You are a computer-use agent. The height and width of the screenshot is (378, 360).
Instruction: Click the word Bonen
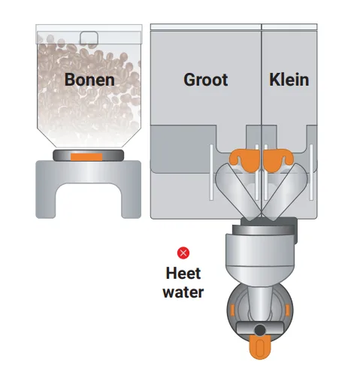[89, 80]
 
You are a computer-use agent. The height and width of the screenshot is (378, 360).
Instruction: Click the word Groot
[206, 80]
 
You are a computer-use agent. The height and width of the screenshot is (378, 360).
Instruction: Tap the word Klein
[289, 80]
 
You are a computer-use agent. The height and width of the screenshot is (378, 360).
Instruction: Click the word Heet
[183, 273]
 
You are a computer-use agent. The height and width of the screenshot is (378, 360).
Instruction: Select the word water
[183, 292]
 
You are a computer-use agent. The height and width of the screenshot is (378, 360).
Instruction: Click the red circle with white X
[183, 253]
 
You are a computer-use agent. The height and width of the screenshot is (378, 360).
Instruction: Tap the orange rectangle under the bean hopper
[86, 157]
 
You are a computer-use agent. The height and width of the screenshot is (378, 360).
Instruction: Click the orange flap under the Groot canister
[245, 160]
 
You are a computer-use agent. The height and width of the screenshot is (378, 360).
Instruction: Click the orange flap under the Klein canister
[277, 160]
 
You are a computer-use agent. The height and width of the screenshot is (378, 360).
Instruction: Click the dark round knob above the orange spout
[260, 330]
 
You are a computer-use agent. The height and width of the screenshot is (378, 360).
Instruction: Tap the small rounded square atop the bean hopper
[89, 38]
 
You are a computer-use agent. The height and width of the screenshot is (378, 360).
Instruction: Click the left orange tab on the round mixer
[232, 310]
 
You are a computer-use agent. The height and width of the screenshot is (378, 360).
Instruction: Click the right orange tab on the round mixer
[287, 310]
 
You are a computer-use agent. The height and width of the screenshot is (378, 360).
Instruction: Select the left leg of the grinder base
[46, 201]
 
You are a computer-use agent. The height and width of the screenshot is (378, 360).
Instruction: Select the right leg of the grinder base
[131, 201]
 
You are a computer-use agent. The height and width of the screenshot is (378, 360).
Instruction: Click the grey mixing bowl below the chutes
[260, 256]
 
